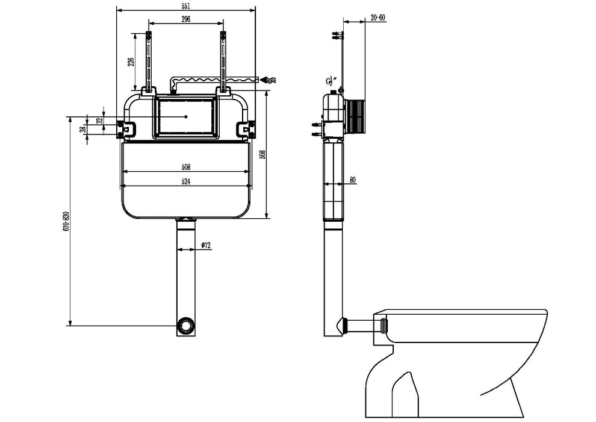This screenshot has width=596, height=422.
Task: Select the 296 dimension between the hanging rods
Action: coord(185,19)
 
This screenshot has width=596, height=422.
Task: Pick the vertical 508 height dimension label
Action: coord(261,154)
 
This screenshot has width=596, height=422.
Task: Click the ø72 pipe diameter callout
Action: coord(205,245)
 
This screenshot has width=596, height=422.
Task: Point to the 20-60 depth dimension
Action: coord(378,18)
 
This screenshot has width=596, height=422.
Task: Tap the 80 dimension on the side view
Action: coord(352,179)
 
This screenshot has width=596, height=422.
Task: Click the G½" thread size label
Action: coord(331,81)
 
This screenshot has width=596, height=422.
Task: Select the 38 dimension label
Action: coord(83,127)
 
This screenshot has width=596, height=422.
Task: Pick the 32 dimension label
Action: coord(99,120)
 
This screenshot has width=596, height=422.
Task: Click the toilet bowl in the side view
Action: coord(458,356)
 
